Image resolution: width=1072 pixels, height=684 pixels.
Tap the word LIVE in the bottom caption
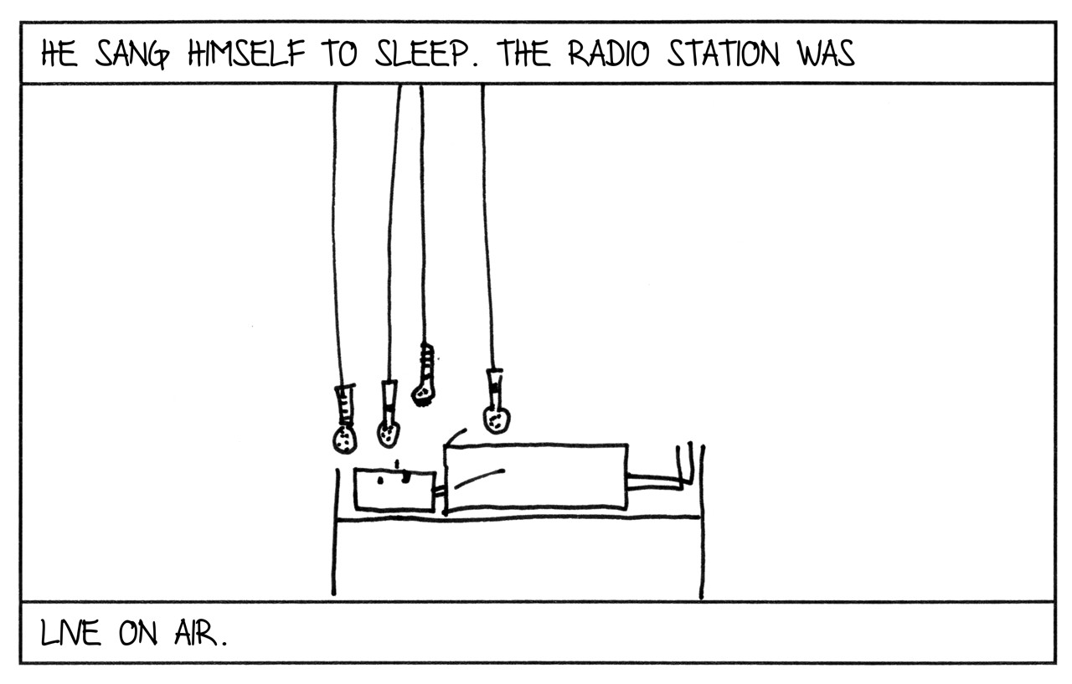click(x=70, y=634)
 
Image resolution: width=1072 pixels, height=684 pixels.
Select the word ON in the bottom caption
click(x=137, y=634)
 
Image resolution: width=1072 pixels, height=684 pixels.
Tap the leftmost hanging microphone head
click(x=344, y=438)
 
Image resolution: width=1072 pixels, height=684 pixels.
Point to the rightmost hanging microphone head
click(x=496, y=418)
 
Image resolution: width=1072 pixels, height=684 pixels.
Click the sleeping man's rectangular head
click(x=394, y=490)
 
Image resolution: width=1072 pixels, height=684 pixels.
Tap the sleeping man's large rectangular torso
click(x=536, y=476)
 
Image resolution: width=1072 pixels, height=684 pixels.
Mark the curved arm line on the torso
click(x=477, y=477)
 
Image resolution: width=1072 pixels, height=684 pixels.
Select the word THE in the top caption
click(x=525, y=54)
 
